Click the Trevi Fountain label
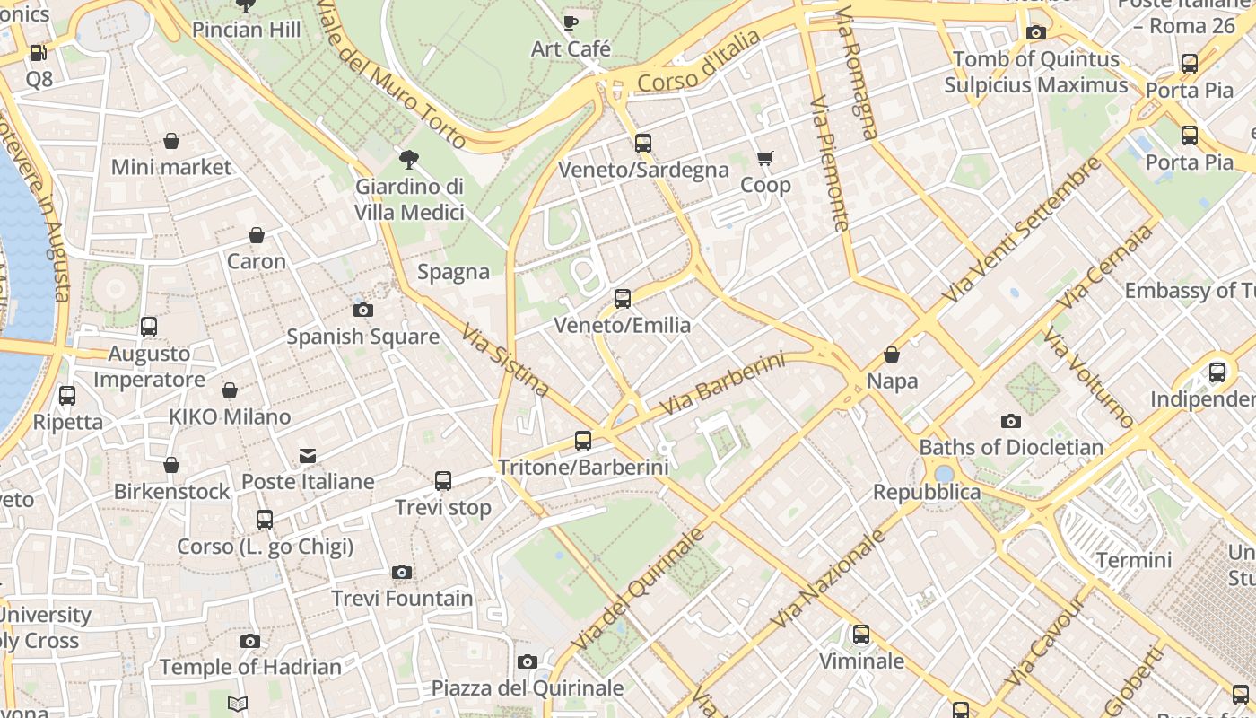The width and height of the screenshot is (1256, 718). (402, 599)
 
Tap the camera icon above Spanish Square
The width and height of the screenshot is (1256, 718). (363, 311)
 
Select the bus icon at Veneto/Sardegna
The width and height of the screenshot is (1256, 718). (643, 144)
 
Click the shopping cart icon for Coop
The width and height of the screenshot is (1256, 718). (765, 159)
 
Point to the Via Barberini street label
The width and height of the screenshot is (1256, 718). (722, 384)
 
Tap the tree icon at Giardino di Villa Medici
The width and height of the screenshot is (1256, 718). (409, 161)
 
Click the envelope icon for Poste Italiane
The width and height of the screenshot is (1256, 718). (308, 456)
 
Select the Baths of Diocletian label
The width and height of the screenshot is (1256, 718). (1011, 447)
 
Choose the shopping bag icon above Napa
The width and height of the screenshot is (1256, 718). (892, 355)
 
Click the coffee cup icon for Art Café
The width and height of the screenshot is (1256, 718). (571, 23)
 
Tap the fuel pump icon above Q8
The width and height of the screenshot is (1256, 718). (39, 53)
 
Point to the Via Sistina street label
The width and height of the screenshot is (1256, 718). (505, 360)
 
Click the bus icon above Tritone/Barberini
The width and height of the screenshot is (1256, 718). (583, 441)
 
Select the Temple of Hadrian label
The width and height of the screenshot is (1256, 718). (250, 667)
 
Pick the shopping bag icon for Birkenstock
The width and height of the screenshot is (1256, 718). (171, 465)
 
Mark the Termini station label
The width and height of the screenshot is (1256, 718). (1134, 561)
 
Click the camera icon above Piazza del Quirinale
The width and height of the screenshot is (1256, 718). (528, 662)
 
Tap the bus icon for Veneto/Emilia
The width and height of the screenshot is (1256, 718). (623, 299)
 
